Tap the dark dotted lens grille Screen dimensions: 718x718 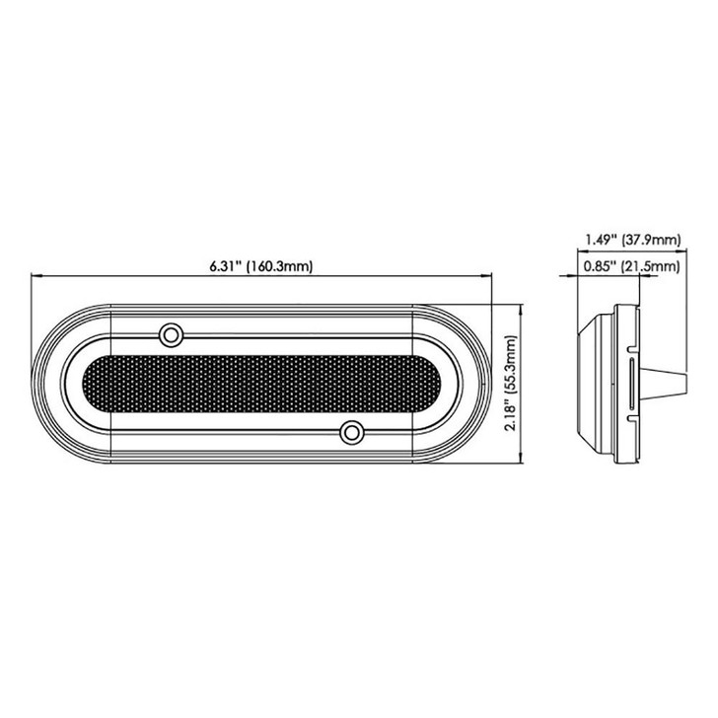[260, 383]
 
